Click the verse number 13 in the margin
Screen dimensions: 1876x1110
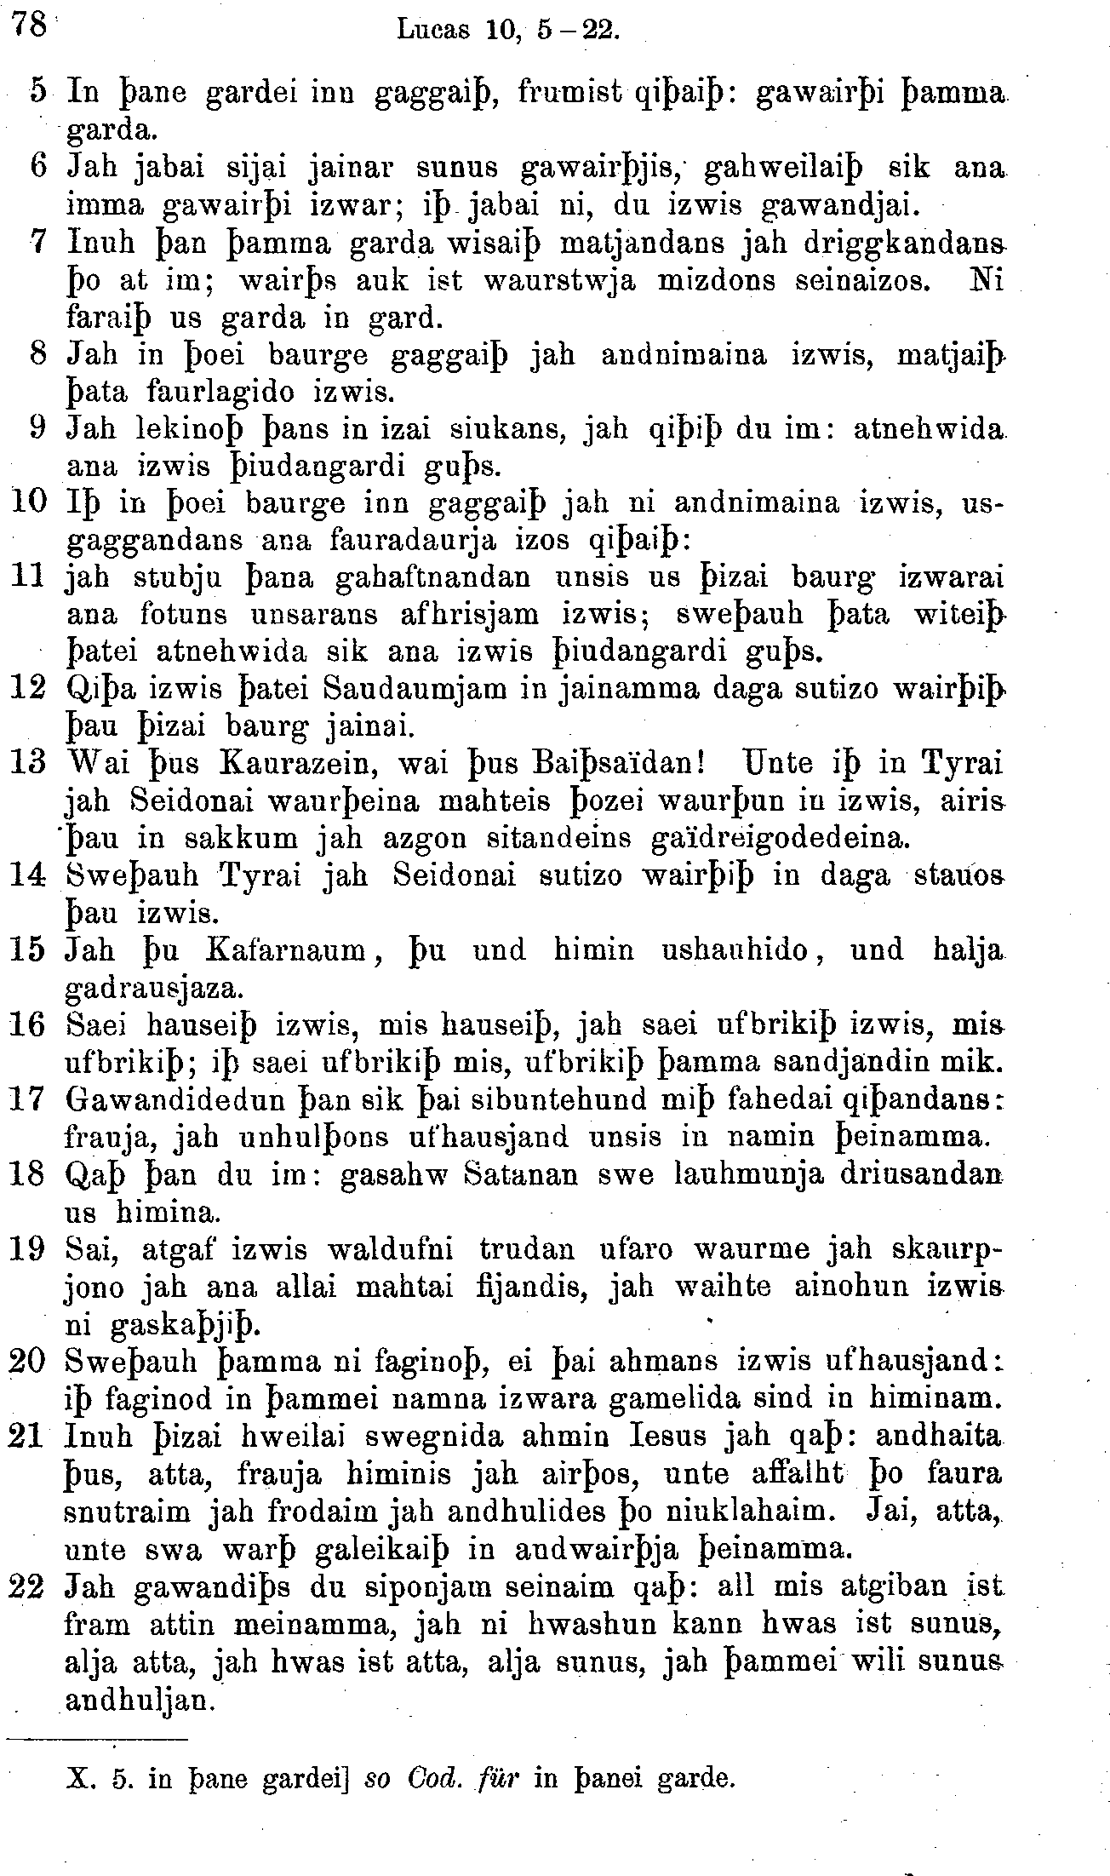tap(27, 764)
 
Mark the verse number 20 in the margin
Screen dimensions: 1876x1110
tap(27, 1363)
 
